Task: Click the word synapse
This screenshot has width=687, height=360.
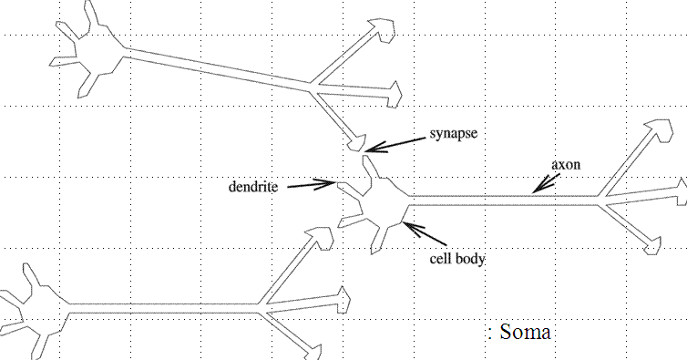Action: [453, 134]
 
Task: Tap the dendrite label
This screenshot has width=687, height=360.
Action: [253, 187]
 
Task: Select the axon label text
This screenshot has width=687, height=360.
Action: [566, 164]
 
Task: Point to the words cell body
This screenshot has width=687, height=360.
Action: [457, 259]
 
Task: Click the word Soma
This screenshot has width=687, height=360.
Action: [525, 332]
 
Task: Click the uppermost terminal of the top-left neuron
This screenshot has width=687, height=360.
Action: [383, 30]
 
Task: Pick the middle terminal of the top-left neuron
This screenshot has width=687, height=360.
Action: [393, 94]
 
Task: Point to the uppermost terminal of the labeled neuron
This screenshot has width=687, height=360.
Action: [660, 130]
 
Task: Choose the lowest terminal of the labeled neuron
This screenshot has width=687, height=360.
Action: [652, 246]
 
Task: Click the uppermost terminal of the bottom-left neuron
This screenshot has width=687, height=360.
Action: [322, 239]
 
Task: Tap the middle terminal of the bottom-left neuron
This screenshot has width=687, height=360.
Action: [343, 300]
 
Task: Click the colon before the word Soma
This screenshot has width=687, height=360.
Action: [490, 333]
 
